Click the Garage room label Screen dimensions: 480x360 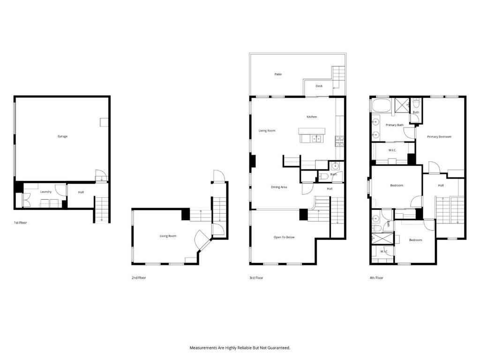pos(62,136)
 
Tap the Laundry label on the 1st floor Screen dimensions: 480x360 pos(45,192)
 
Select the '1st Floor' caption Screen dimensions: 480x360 pos(20,223)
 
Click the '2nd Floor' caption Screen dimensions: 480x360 pos(139,277)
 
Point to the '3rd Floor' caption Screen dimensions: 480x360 pos(256,277)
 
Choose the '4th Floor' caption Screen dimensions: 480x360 pos(376,277)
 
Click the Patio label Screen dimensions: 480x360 pos(278,74)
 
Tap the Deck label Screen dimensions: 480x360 pos(319,86)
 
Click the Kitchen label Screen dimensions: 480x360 pos(312,117)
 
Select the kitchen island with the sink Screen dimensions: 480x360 pos(312,135)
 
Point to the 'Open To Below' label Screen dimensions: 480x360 pos(284,237)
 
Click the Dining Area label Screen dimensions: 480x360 pos(279,187)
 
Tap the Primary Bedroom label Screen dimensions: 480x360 pos(439,137)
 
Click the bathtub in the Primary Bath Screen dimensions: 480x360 pos(381,105)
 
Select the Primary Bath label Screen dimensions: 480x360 pos(395,125)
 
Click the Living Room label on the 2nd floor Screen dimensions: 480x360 pos(168,236)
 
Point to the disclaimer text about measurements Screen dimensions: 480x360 pos(240,348)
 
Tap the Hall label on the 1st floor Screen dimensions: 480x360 pos(81,192)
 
